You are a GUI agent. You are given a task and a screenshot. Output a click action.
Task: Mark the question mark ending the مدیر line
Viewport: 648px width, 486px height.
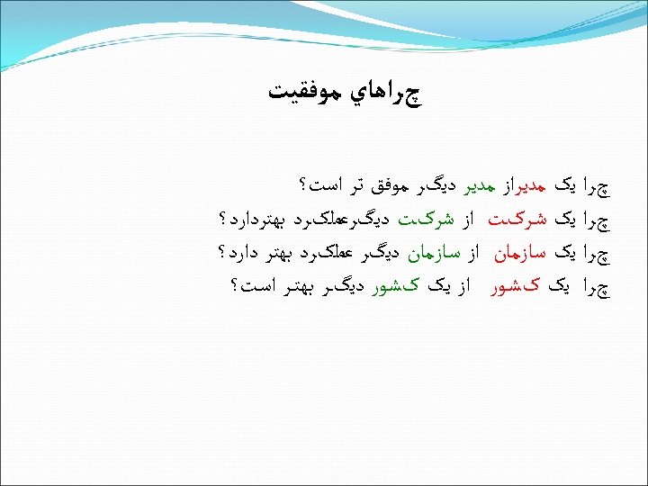[300, 186]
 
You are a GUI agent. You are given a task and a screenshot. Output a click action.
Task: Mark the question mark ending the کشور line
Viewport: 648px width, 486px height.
[235, 286]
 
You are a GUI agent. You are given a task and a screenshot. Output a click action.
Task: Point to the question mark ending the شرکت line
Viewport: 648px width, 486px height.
[221, 220]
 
